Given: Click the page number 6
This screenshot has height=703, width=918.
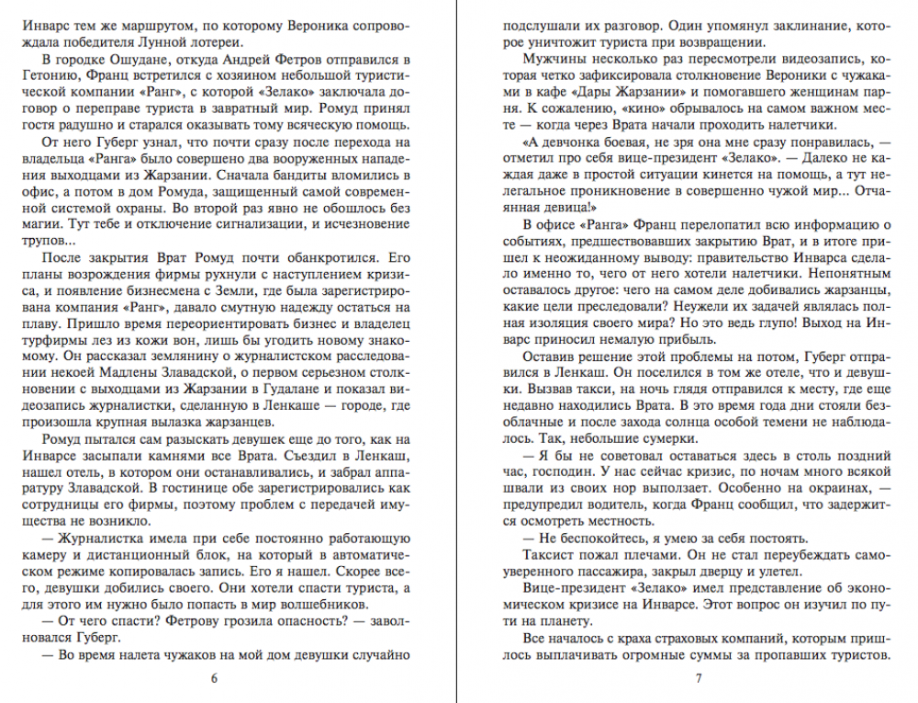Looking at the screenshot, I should pyautogui.click(x=214, y=679).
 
